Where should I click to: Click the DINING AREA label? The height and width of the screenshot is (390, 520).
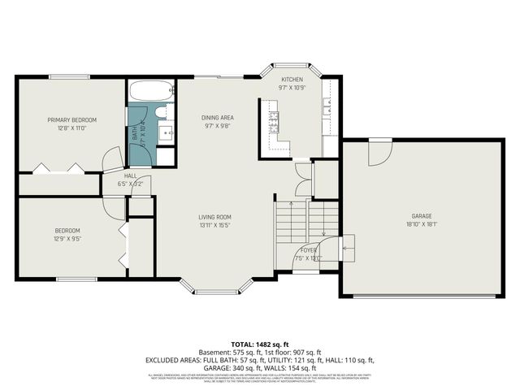coord(218,118)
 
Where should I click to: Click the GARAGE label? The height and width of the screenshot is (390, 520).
coord(421,217)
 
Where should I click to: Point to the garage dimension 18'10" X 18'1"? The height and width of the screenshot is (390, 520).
coord(421,224)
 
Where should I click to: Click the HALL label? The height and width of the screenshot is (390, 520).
coord(130,175)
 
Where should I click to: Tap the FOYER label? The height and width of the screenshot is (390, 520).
coord(310,249)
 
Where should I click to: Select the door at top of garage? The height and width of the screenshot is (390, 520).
coord(379,151)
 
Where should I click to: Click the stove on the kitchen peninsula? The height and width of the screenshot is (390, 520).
coord(274,122)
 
